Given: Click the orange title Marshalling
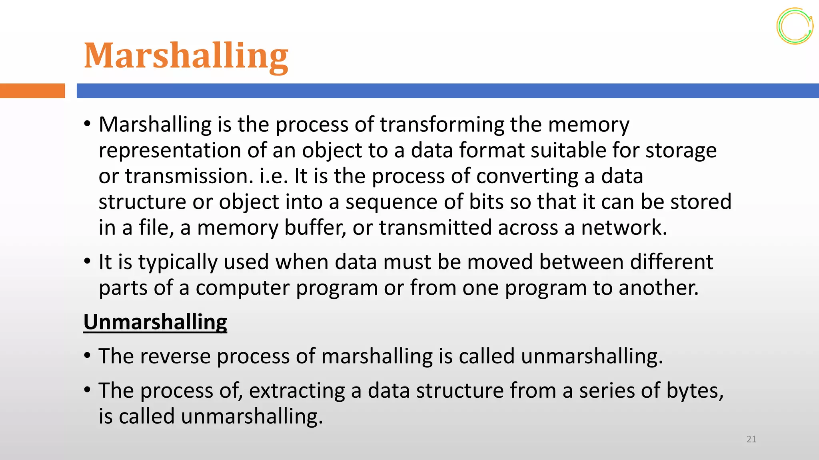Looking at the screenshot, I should click(x=186, y=56).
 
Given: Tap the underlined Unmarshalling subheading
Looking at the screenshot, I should click(x=155, y=322).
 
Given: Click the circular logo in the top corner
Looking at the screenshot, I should click(x=795, y=26).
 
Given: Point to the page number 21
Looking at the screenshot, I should click(x=751, y=439).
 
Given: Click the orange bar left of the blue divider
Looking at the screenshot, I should click(x=32, y=91).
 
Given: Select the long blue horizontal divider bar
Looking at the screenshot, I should click(x=447, y=91).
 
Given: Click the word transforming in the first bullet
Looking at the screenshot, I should click(x=442, y=125).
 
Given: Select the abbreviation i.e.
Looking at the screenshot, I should click(x=274, y=176).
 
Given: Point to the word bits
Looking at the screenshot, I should click(x=486, y=202).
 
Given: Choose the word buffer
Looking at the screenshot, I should click(x=315, y=228).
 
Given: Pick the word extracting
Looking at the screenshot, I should click(x=297, y=391).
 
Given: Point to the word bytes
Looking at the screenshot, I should click(x=694, y=391).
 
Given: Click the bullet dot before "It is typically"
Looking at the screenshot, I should click(x=87, y=262).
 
